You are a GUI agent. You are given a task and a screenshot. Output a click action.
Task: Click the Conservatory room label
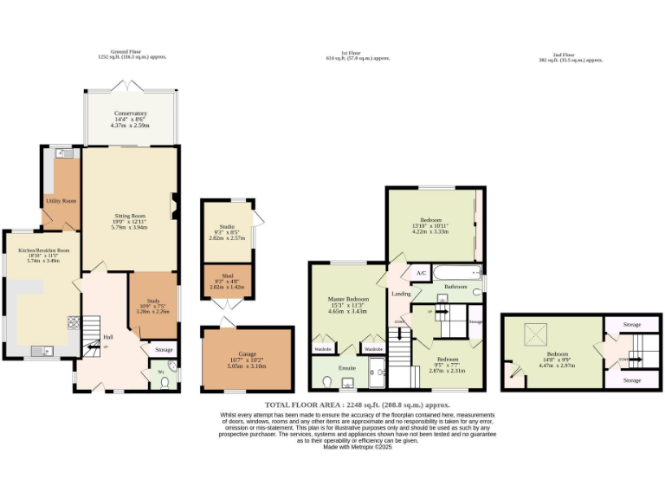131,113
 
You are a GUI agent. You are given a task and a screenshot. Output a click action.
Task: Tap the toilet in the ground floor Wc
165,380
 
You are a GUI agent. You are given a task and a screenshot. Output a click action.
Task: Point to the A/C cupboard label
422,274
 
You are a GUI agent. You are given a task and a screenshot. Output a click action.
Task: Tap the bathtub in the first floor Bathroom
449,271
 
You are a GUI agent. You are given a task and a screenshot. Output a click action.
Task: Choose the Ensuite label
346,367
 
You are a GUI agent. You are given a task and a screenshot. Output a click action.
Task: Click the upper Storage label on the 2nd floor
632,324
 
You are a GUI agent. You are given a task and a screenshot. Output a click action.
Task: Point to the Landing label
401,294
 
